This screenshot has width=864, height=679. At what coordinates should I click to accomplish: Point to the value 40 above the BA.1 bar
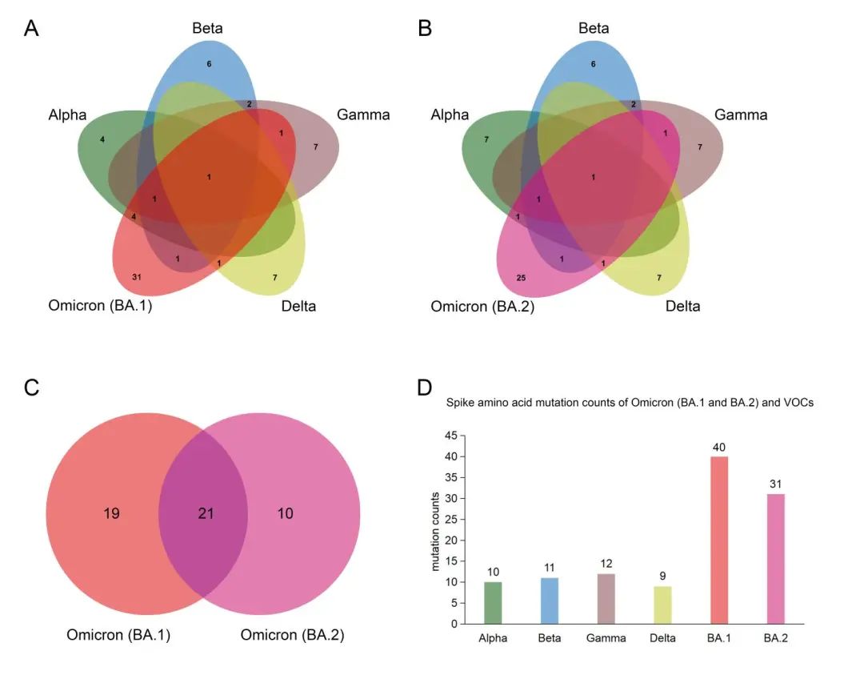pyautogui.click(x=720, y=447)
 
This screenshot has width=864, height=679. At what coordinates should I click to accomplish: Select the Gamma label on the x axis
pyautogui.click(x=606, y=638)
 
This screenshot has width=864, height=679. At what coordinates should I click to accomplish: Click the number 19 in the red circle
pyautogui.click(x=111, y=513)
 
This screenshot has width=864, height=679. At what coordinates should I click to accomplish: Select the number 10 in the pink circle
pyautogui.click(x=285, y=513)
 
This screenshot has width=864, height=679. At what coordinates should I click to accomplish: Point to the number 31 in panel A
pyautogui.click(x=136, y=276)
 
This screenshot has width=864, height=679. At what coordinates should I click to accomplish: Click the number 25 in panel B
pyautogui.click(x=521, y=277)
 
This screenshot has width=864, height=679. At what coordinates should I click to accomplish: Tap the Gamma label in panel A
pyautogui.click(x=363, y=115)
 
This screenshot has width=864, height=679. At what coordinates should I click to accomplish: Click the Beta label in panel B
pyautogui.click(x=594, y=29)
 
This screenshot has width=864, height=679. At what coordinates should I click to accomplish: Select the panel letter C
pyautogui.click(x=32, y=388)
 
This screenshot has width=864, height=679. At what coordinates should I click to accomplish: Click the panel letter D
pyautogui.click(x=426, y=388)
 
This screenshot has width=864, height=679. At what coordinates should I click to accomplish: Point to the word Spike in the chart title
pyautogui.click(x=460, y=403)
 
